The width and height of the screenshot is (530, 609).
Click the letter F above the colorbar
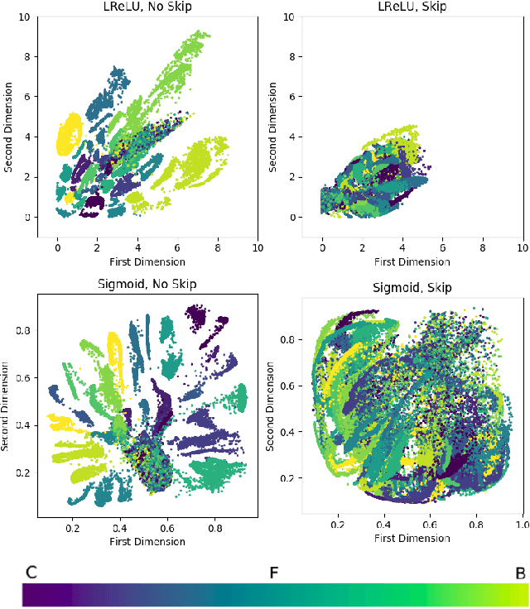pos(272,572)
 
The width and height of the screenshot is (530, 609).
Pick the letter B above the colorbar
pos(519,572)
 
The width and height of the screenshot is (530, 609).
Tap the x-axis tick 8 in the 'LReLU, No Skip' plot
pos(218,248)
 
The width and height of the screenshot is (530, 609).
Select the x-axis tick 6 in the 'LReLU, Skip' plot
pos(443,248)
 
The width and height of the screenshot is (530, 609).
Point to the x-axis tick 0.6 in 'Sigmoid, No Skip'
pos(168,526)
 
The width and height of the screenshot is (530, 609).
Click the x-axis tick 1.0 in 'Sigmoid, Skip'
pos(521,525)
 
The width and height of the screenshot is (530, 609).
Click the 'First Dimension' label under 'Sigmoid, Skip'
pos(412,538)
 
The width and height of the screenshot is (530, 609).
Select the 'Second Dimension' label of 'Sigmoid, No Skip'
pos(6,405)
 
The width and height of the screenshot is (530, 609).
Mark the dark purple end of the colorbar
pos(33,594)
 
